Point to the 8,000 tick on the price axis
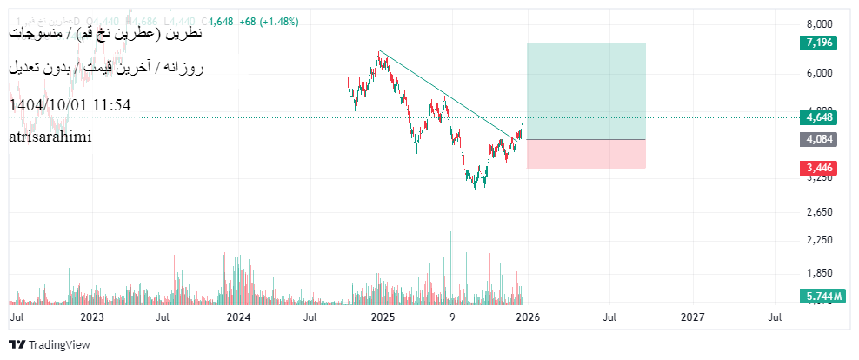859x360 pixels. click(820, 23)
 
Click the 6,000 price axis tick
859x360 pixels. click(820, 74)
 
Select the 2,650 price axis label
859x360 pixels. click(820, 212)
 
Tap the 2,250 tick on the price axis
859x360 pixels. click(820, 240)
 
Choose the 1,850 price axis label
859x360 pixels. click(820, 273)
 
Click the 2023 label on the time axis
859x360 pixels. click(91, 318)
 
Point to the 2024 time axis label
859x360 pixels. click(238, 318)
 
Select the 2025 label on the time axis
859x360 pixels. click(383, 318)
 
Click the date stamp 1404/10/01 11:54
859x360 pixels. click(70, 105)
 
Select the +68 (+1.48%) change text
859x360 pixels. click(266, 21)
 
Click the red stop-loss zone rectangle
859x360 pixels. click(586, 154)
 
